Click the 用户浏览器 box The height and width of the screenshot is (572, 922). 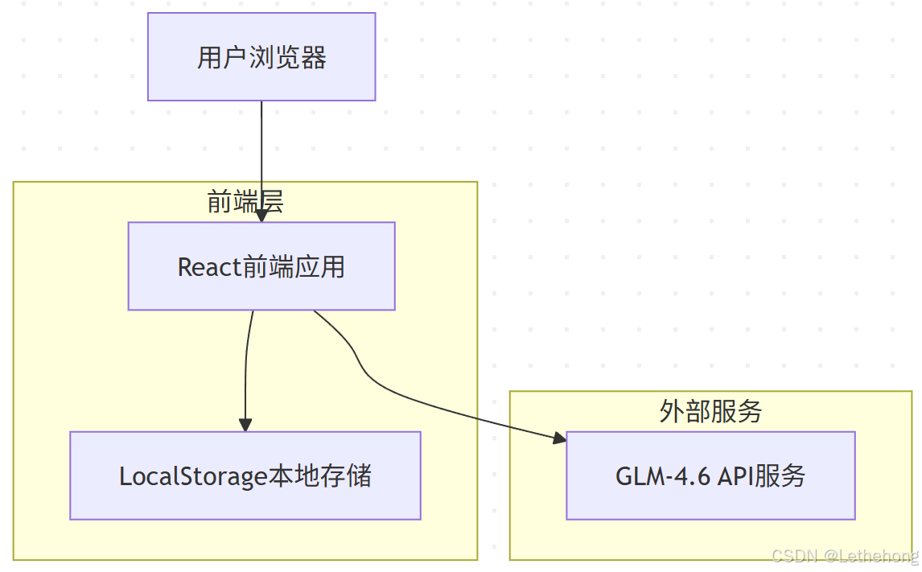(261, 56)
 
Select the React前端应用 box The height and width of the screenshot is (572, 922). (261, 265)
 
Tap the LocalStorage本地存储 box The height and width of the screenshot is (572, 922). (245, 475)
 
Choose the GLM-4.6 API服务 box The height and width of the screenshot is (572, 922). (710, 475)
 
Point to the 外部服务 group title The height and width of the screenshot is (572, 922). (710, 411)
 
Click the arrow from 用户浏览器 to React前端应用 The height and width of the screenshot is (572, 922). (261, 153)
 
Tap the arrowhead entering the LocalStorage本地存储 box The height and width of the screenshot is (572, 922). (245, 425)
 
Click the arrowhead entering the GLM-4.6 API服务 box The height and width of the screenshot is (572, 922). (559, 438)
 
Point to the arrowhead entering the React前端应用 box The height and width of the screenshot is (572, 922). (261, 216)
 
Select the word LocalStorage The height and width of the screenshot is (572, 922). (193, 476)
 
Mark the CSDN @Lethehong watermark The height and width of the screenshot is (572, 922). (844, 556)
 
